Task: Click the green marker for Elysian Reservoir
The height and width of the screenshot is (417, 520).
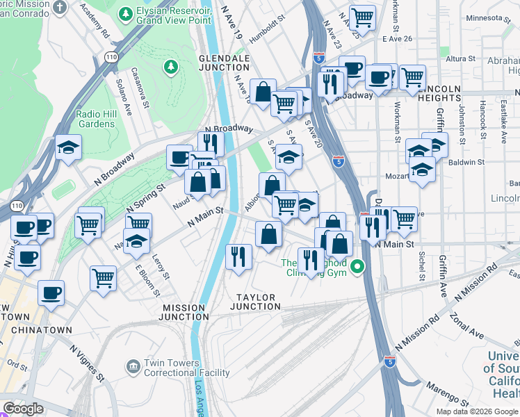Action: pyautogui.click(x=126, y=14)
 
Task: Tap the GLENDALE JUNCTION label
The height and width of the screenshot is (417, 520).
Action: pyautogui.click(x=224, y=63)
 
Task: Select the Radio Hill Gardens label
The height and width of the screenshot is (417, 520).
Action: pyautogui.click(x=95, y=119)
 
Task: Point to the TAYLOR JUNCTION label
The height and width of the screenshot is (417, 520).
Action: pyautogui.click(x=255, y=302)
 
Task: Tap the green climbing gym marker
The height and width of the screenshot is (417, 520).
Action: pyautogui.click(x=358, y=266)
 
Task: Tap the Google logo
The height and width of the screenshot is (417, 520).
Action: pyautogui.click(x=23, y=409)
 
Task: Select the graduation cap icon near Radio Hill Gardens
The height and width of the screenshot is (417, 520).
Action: pyautogui.click(x=69, y=147)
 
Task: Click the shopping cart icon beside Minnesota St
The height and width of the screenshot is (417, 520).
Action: pyautogui.click(x=362, y=17)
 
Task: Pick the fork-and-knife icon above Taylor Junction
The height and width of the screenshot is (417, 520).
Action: pyautogui.click(x=238, y=255)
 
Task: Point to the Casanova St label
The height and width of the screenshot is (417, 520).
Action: pyautogui.click(x=143, y=91)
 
